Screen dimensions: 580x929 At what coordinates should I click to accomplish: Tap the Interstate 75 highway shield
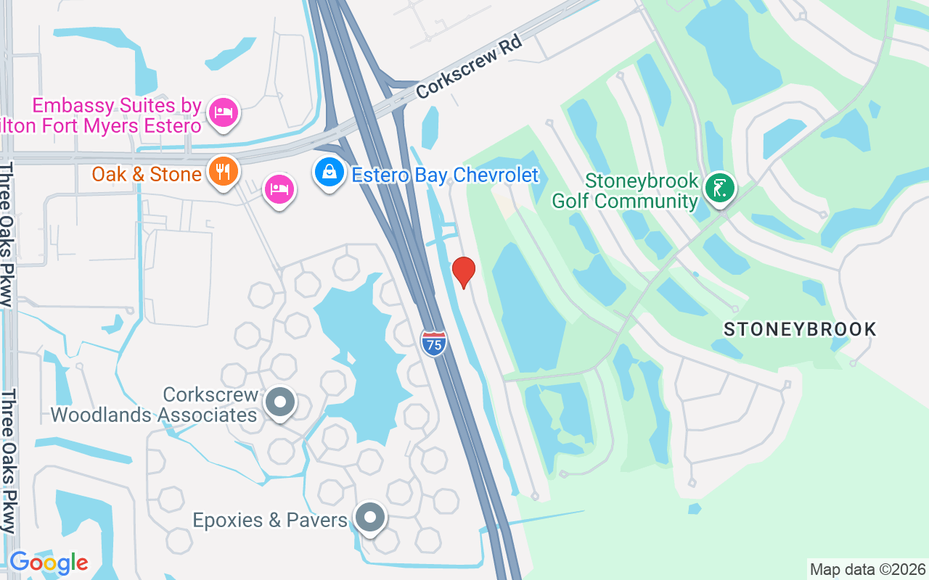point(433,341)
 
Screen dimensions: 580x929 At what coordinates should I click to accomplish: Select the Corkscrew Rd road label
point(470,70)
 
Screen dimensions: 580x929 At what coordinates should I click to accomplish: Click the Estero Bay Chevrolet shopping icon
point(330,173)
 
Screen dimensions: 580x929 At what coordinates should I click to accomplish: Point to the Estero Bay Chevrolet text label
point(445,175)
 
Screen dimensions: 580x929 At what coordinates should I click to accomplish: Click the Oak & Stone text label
point(147,174)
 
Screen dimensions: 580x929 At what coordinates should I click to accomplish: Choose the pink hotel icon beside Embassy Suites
point(224,112)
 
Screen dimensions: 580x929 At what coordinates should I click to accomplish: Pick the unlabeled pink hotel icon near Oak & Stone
point(279,190)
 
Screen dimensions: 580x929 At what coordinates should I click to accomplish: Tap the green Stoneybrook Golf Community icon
point(719,188)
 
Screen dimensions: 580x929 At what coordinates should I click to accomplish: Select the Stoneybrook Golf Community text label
point(625,191)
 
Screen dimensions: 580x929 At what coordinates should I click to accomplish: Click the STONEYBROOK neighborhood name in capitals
point(800,329)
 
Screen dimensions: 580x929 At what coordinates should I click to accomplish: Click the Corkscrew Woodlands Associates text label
point(155,405)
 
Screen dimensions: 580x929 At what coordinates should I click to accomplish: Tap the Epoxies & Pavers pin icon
point(370,518)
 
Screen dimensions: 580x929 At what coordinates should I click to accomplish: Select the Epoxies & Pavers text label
point(270,520)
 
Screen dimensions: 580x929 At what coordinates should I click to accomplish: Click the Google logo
point(49,562)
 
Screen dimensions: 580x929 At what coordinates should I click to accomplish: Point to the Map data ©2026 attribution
point(867,569)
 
